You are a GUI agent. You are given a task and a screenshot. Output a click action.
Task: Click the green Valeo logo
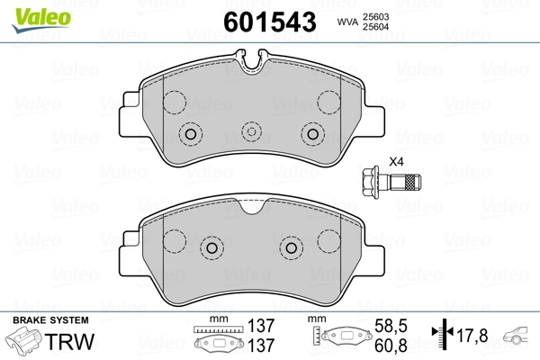point(41,20)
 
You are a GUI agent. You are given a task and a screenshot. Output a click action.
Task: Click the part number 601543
point(270,22)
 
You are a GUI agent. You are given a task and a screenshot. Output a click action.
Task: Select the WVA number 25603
point(375,17)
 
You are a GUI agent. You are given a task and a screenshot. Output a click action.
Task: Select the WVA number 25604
point(375,26)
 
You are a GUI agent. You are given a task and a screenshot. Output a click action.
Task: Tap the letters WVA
point(347,22)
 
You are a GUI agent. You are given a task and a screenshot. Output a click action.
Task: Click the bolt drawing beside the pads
point(391,182)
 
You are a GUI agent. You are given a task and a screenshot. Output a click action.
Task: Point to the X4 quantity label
point(396,162)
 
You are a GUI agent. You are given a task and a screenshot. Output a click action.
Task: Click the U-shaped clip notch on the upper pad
point(252,60)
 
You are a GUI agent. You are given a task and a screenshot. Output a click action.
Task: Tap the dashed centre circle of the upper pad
point(252,132)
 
